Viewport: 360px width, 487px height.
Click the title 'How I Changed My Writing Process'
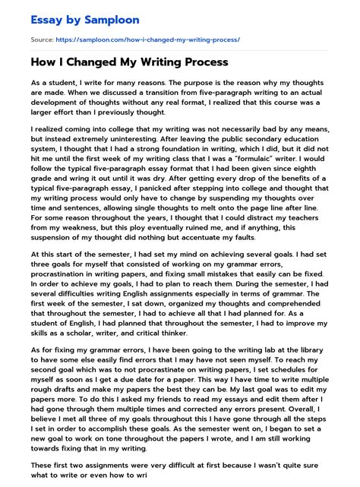[x=130, y=62]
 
